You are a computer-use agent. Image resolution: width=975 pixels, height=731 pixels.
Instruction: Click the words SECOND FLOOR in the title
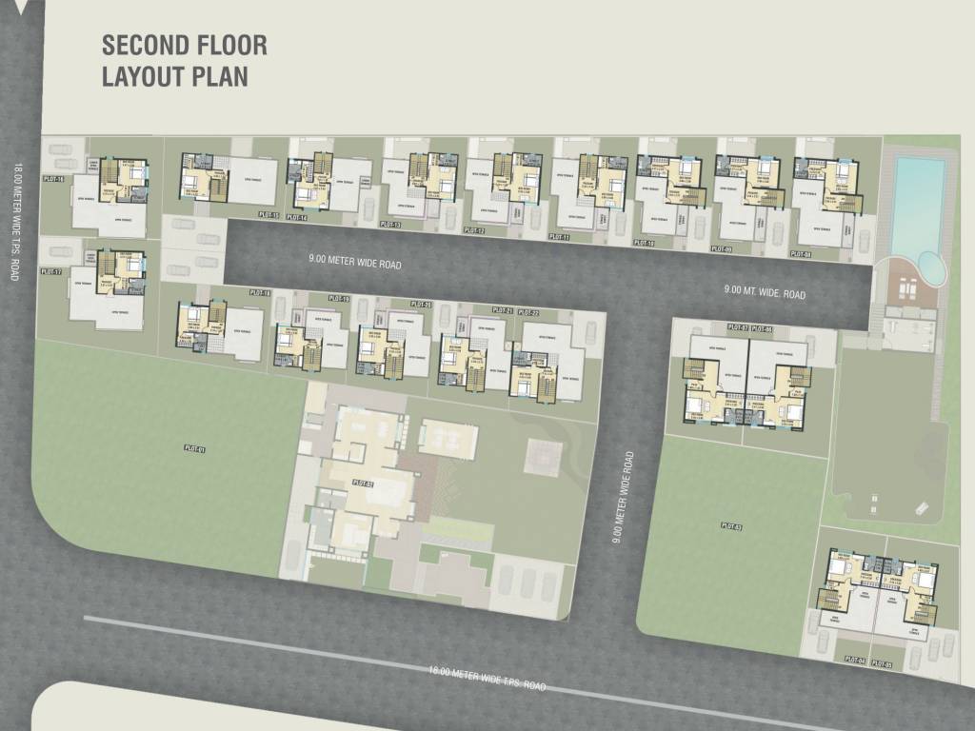(185, 45)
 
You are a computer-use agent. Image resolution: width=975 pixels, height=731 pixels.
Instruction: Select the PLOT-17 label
(51, 271)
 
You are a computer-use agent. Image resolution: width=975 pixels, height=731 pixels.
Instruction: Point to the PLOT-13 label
(389, 225)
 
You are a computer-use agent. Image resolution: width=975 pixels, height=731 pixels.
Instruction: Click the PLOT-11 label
(559, 236)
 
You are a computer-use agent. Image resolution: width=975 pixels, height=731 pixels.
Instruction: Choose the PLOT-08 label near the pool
(801, 254)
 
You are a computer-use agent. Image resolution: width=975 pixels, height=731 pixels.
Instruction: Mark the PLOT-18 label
(260, 292)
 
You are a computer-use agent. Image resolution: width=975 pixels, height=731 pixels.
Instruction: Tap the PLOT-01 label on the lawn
(197, 449)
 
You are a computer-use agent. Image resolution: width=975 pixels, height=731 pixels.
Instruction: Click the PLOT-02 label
(363, 484)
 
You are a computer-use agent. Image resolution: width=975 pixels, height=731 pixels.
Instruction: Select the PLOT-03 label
(731, 525)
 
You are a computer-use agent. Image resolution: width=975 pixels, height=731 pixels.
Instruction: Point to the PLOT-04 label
(853, 660)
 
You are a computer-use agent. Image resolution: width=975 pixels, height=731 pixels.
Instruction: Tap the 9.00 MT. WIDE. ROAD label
(765, 293)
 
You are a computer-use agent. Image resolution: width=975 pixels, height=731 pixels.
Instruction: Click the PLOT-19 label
(338, 299)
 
